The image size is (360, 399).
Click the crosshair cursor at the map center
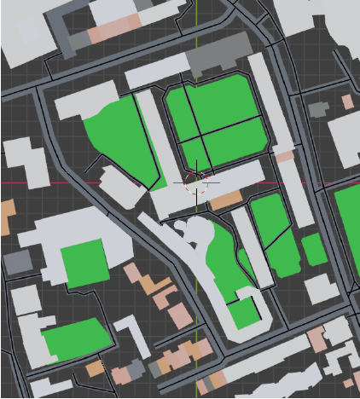197,182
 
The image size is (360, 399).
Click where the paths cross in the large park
201,134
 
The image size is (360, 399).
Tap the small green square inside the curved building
244,313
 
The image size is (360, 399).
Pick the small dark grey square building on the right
318,109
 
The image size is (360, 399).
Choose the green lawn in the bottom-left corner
77,339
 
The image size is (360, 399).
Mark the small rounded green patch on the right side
314,248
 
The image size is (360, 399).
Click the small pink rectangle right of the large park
284,157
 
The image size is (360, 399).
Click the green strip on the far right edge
348,230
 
